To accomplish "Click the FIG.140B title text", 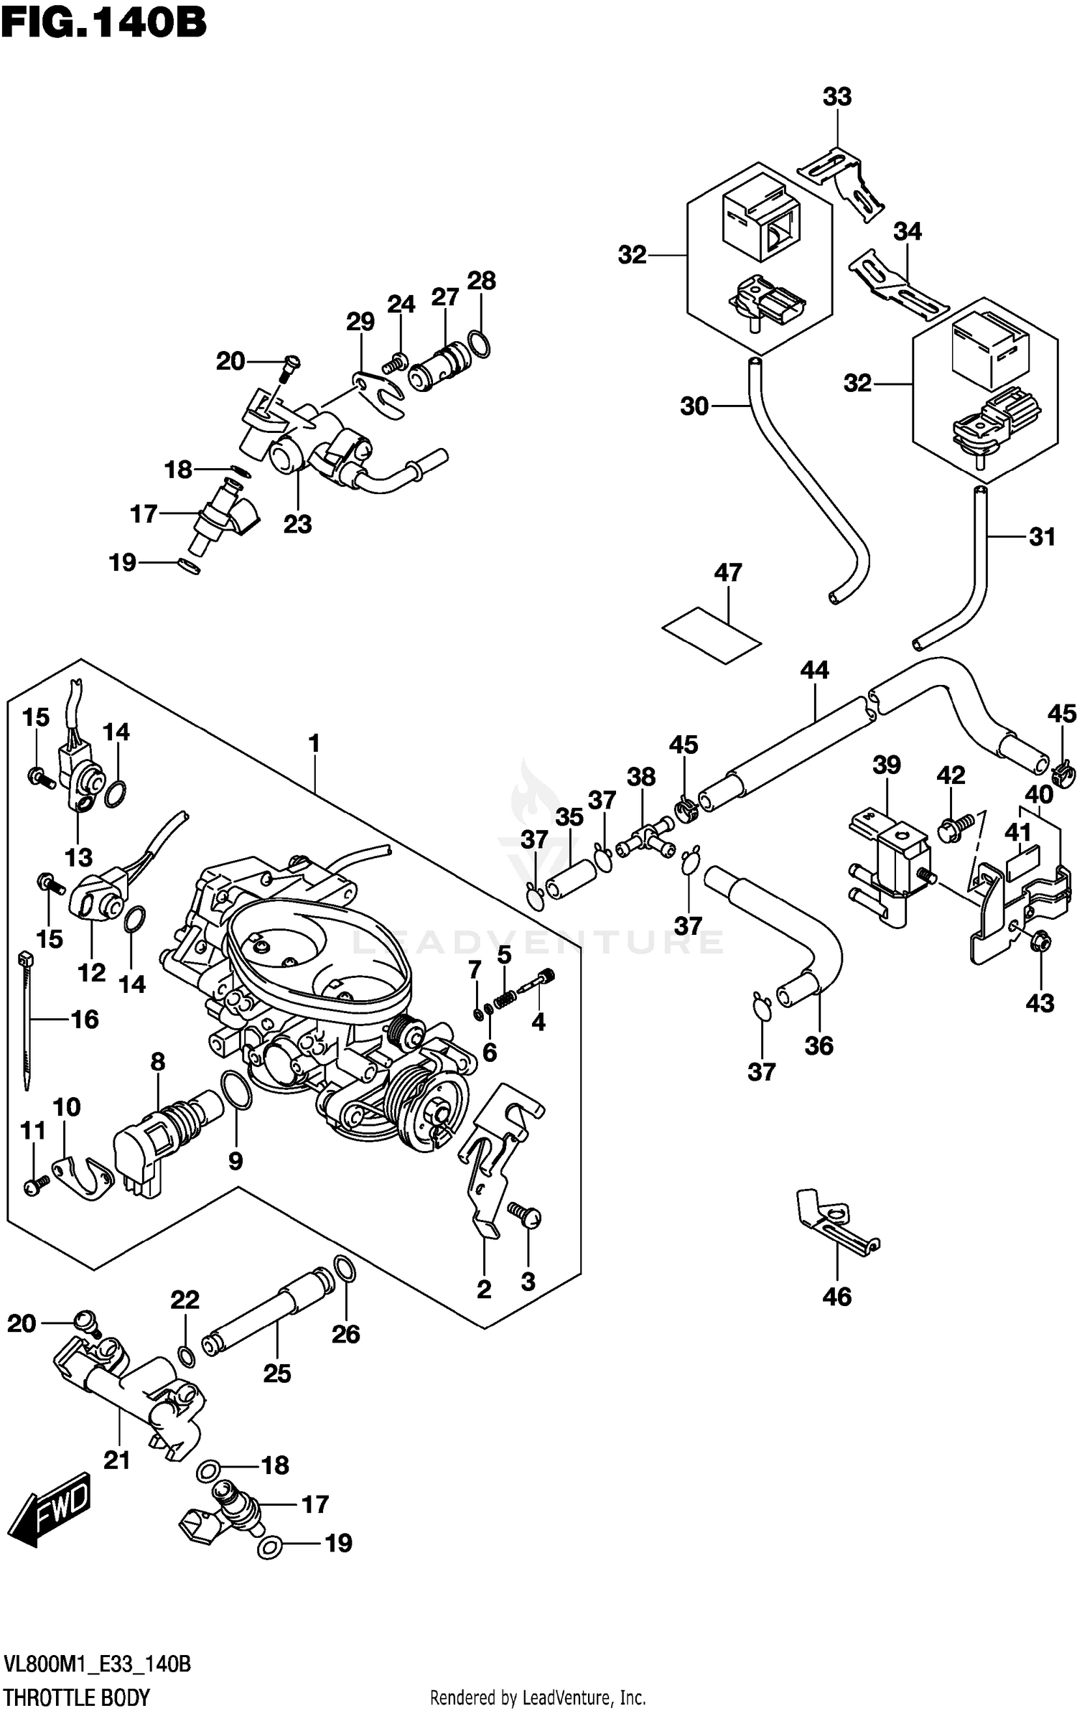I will (103, 23).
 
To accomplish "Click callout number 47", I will (727, 573).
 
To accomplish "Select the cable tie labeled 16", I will (27, 1019).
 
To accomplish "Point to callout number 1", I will (314, 744).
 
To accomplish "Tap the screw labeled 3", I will (525, 1214).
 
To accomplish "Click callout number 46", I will (837, 1297).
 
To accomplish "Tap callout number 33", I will (836, 97).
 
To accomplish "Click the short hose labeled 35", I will (571, 877).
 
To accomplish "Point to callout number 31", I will (1042, 536).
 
